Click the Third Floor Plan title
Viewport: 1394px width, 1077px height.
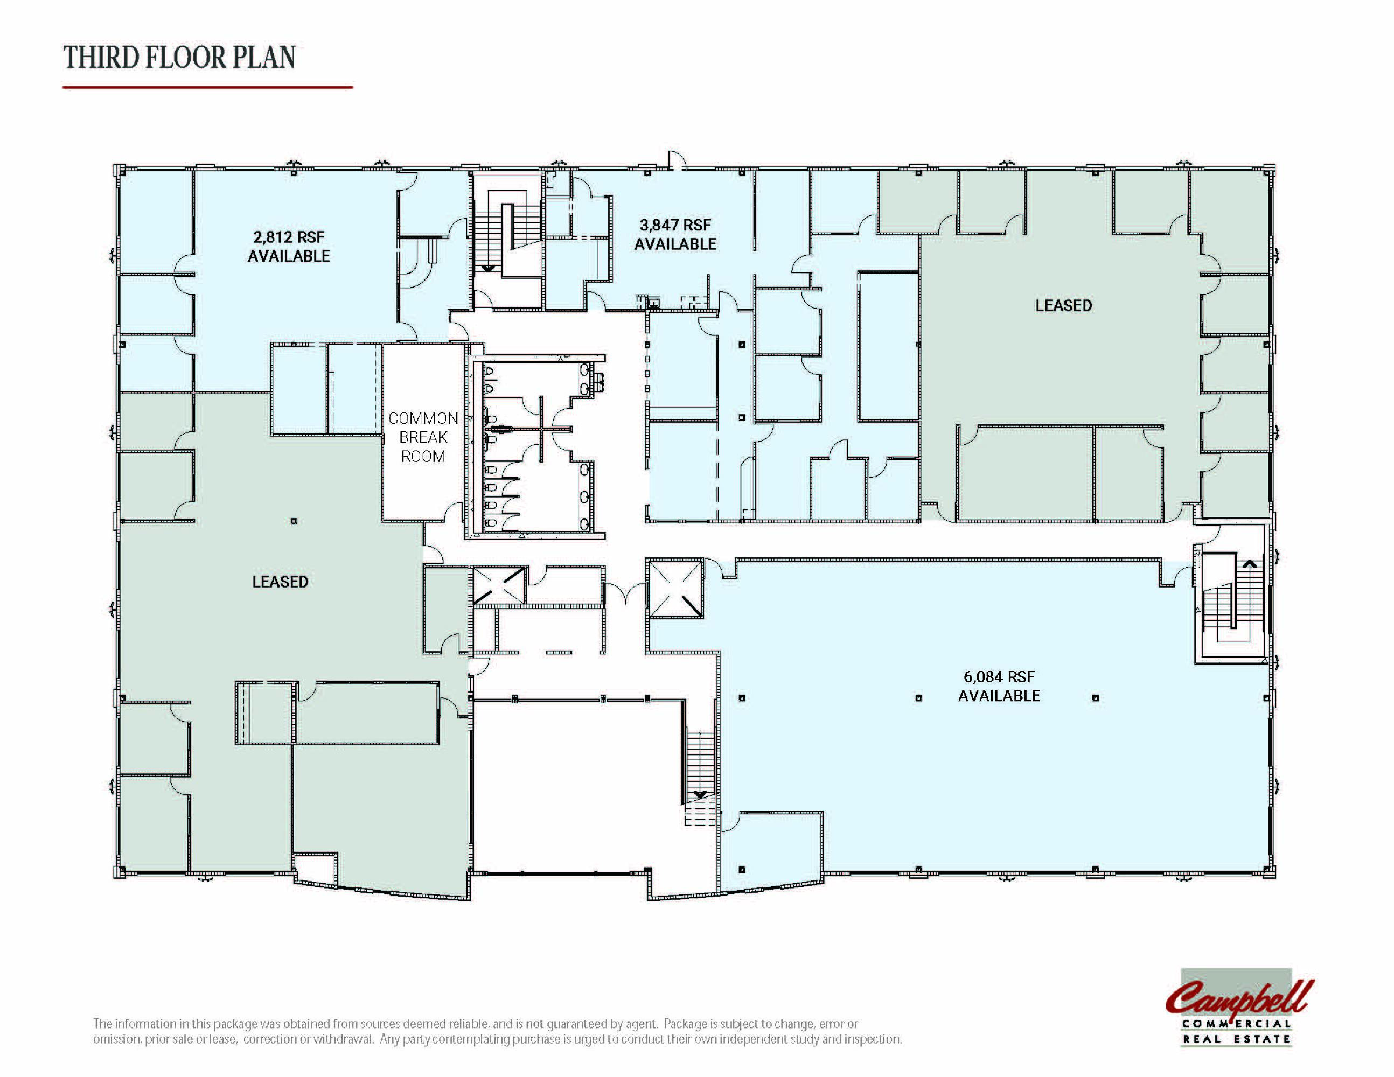(180, 58)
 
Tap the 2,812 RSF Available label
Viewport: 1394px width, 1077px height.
(289, 246)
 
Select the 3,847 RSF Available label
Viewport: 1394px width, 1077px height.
(675, 234)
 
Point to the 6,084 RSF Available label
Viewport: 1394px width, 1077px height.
(999, 686)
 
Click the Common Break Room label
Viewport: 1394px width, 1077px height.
(423, 437)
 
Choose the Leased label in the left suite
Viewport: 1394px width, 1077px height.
(280, 581)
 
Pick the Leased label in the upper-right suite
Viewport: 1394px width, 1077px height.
(1063, 306)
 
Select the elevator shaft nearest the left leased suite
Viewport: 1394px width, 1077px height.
(498, 585)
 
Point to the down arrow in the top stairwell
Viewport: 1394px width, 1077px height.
(489, 268)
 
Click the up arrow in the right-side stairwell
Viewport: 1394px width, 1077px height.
(1249, 563)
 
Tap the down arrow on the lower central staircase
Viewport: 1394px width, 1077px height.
(700, 794)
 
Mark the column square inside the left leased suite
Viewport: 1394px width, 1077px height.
(294, 521)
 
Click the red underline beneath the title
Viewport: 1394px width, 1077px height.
(207, 87)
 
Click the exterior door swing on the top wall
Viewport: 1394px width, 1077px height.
(676, 160)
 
